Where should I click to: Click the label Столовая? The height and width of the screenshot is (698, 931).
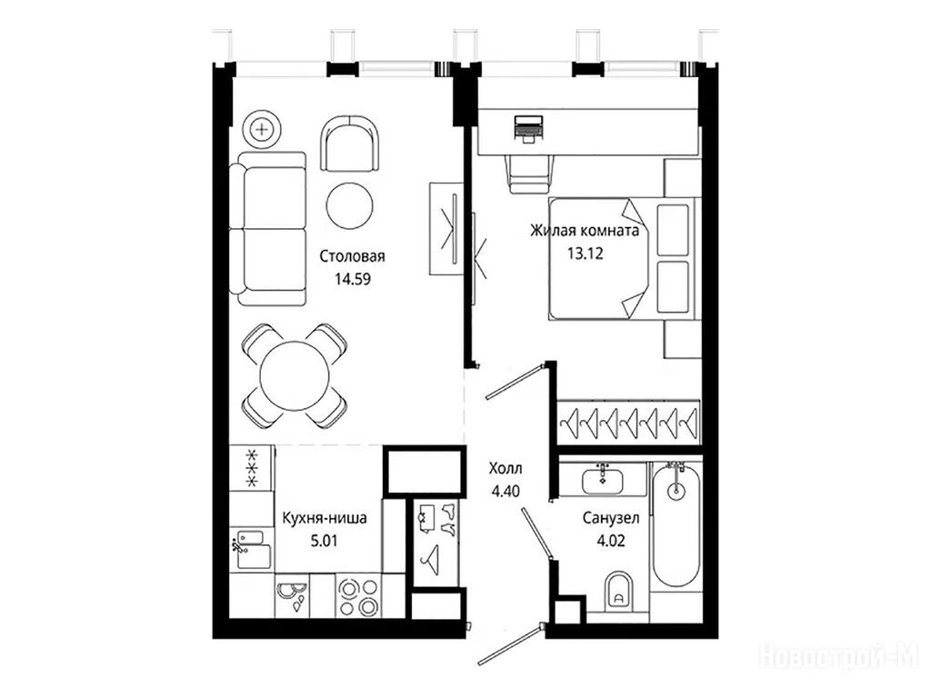click(x=352, y=256)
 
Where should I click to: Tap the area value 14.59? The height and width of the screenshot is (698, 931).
click(x=353, y=278)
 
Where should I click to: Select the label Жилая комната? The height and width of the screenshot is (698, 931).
click(x=585, y=230)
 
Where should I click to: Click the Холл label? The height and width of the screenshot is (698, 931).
click(x=506, y=469)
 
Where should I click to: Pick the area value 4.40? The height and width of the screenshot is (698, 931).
click(x=506, y=492)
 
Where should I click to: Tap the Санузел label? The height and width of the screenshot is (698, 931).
click(x=611, y=518)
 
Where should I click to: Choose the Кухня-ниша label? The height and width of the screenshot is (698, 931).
click(x=325, y=517)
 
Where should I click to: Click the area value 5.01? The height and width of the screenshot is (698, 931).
click(x=325, y=541)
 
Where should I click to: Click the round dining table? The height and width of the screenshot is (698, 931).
click(x=295, y=375)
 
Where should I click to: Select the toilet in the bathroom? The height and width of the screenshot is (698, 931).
click(x=618, y=591)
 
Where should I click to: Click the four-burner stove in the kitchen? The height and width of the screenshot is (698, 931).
click(x=358, y=597)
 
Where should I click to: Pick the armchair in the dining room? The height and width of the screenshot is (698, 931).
click(x=350, y=144)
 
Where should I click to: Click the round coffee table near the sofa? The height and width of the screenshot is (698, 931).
click(x=350, y=204)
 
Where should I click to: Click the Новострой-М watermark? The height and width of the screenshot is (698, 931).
click(x=839, y=657)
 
